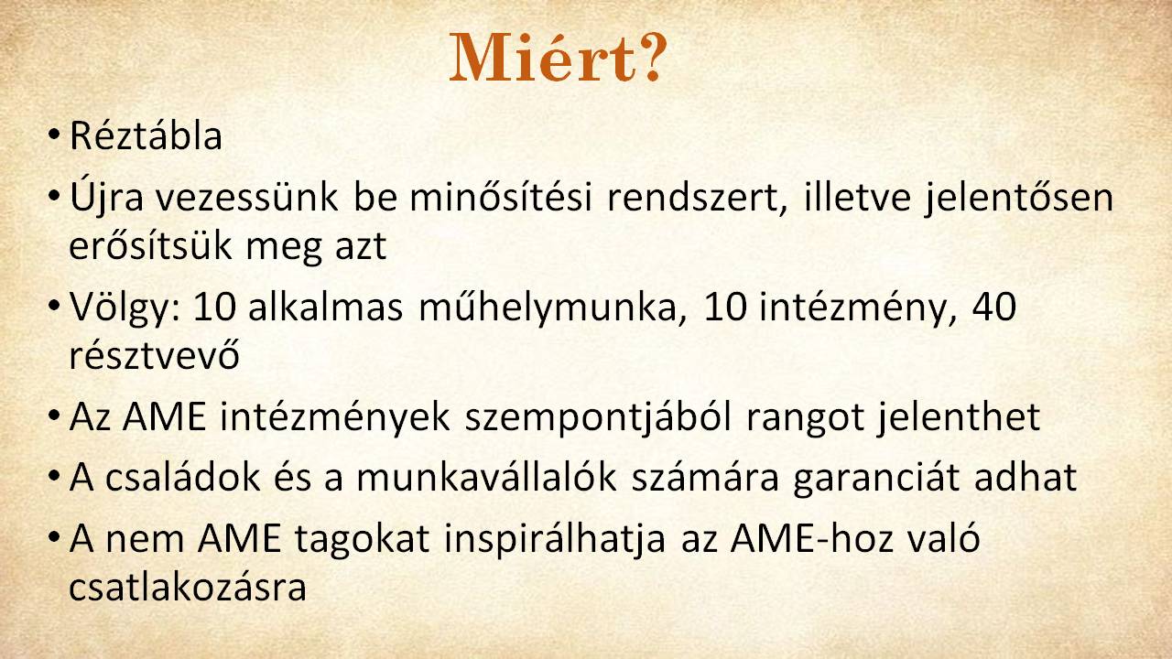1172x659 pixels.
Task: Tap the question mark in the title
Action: pyautogui.click(x=653, y=57)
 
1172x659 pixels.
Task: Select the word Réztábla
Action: pyautogui.click(x=146, y=136)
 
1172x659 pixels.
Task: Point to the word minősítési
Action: pyautogui.click(x=501, y=198)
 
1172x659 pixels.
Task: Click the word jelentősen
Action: pyautogui.click(x=1019, y=199)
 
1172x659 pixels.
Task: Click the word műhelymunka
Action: pyautogui.click(x=552, y=307)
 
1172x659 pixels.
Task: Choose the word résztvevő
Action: pyautogui.click(x=155, y=355)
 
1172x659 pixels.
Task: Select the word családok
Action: pyautogui.click(x=182, y=478)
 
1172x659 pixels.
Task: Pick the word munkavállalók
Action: pyautogui.click(x=486, y=478)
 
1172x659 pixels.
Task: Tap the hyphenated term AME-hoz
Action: pyautogui.click(x=811, y=538)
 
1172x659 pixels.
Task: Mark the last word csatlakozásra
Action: pyautogui.click(x=188, y=588)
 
